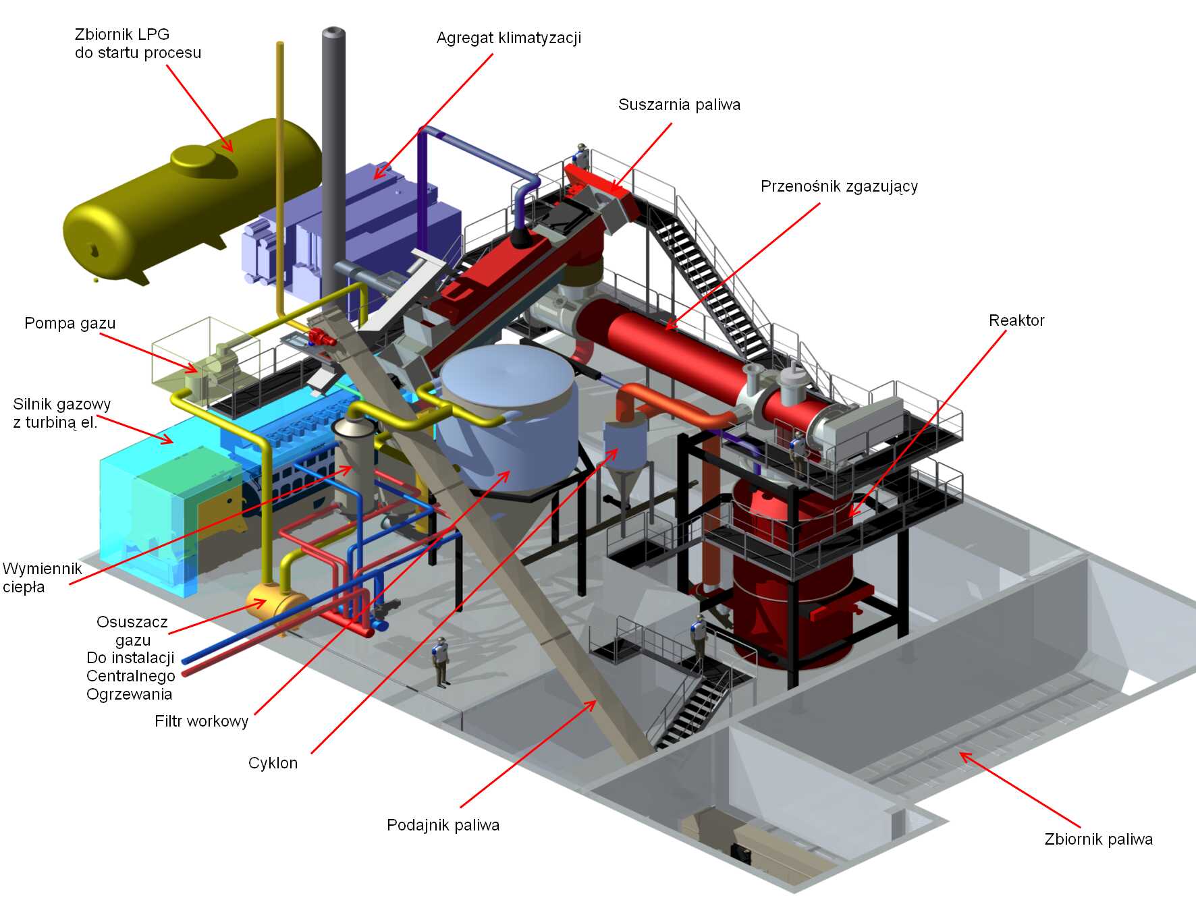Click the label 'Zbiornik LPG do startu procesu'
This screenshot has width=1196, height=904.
pos(138,43)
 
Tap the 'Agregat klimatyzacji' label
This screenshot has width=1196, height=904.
pos(508,38)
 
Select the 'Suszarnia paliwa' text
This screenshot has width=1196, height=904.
pos(679,105)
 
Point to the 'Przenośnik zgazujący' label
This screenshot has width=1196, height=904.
pos(839,187)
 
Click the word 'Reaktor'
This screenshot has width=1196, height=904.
pos(1016,320)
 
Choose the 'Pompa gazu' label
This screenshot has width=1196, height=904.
pos(70,324)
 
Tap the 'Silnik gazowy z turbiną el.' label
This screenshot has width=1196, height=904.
pos(61,413)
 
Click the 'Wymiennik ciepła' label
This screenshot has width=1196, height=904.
pos(42,577)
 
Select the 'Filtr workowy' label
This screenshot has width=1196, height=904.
pos(202,721)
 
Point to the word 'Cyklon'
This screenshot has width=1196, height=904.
pos(273,763)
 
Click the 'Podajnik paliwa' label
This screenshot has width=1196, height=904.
pos(443,825)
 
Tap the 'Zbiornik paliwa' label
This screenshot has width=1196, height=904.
pos(1098,839)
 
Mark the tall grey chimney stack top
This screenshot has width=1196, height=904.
pos(334,32)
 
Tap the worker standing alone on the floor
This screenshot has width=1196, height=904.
pos(441,662)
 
